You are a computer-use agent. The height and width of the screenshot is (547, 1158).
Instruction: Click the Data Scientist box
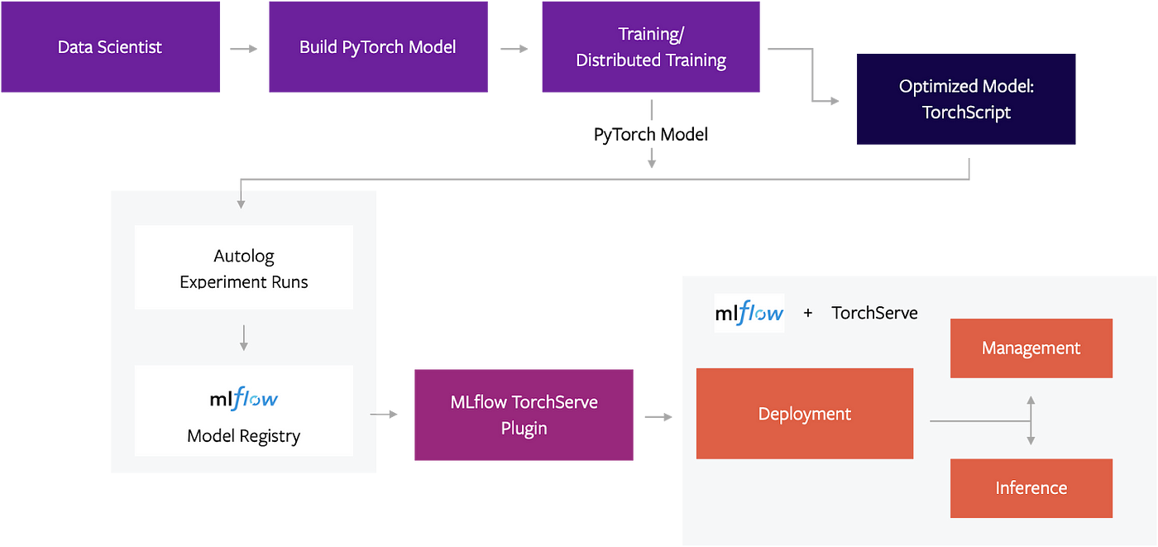(111, 47)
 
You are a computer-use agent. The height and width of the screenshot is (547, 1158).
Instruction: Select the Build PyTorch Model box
(379, 47)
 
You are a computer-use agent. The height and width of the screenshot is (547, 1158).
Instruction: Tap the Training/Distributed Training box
(651, 47)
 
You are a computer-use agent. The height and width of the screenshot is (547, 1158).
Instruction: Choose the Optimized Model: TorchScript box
(966, 99)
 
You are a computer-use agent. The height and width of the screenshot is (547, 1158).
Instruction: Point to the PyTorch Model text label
(650, 134)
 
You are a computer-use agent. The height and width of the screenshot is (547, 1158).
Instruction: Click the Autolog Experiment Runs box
(244, 267)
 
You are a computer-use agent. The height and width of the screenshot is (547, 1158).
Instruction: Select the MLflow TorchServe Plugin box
(524, 415)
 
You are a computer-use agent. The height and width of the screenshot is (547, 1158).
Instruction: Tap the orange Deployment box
(805, 414)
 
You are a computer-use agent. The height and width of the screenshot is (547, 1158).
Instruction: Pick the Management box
(1031, 348)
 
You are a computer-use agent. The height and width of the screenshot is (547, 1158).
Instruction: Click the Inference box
(1031, 488)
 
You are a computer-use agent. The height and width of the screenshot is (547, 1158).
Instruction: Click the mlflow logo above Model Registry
(243, 399)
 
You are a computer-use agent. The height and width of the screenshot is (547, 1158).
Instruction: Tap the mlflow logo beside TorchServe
(749, 313)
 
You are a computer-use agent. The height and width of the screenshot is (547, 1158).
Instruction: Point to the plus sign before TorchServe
(808, 313)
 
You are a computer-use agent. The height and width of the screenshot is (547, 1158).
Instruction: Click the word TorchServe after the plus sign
(875, 313)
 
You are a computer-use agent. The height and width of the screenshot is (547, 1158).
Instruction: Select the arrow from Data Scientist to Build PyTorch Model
(243, 49)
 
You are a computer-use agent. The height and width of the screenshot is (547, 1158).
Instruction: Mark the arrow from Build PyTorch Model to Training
(514, 49)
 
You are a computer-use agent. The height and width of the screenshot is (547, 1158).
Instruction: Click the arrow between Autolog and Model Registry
(244, 338)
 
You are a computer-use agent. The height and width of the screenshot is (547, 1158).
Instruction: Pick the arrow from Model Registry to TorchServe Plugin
(384, 414)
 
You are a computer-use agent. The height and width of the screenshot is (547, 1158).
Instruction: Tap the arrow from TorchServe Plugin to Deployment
(658, 417)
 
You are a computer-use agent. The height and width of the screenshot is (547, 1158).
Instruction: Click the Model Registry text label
(243, 436)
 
